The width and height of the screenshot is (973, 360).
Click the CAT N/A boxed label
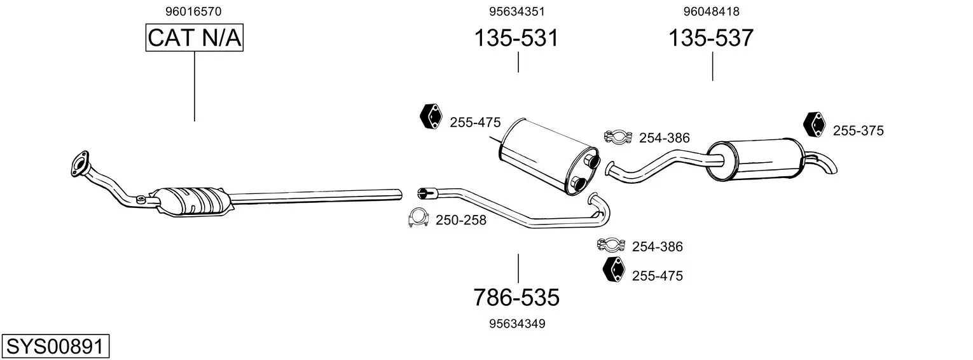point(194,38)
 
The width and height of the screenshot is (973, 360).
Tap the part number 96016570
point(193,11)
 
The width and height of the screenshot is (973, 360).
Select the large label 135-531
point(516,38)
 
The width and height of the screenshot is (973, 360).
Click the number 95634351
point(517,11)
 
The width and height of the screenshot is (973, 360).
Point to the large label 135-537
point(710,38)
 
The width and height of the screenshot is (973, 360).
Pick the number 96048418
point(712,11)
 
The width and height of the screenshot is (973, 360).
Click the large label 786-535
point(516,298)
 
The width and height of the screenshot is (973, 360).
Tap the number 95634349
point(517,324)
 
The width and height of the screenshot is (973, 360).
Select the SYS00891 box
point(55,346)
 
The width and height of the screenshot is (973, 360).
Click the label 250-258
point(461,220)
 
